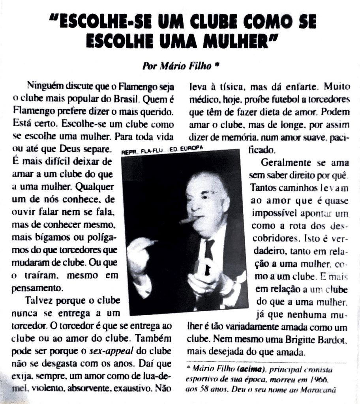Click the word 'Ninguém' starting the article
[x=42, y=85]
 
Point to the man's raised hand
[x=140, y=252]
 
